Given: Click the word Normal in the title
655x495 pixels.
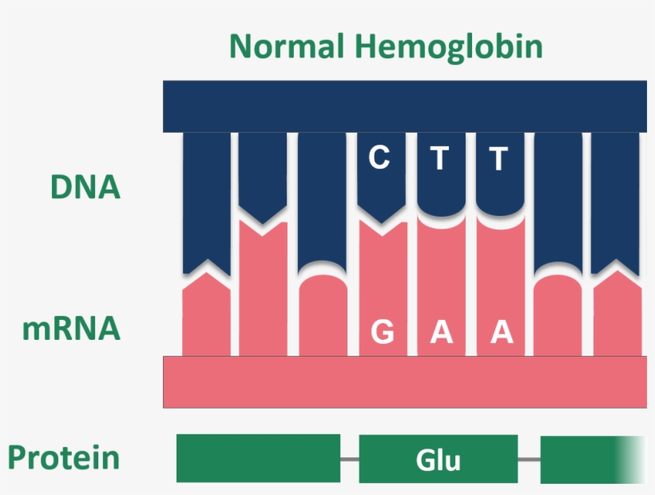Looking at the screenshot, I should point(287,46).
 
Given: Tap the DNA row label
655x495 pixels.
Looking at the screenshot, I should point(85,187).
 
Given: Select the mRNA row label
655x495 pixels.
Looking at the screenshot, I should point(71,329).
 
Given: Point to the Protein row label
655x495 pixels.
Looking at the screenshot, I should point(64,458).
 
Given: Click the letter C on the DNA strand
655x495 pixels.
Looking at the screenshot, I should point(379,158).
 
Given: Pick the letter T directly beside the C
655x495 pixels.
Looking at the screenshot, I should point(439,159).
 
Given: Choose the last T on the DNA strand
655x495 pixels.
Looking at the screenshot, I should point(499,159).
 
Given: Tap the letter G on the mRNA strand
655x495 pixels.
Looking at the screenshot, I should point(383,331).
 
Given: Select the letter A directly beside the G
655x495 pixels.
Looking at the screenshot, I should point(441,331).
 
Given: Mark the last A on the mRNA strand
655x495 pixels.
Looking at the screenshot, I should point(501,331).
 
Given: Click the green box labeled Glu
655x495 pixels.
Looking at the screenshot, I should point(439,460).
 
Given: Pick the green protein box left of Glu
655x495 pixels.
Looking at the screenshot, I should point(258,458).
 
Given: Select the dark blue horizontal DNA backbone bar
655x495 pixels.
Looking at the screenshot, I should point(404,106).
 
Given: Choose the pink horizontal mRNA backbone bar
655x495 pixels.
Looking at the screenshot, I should point(404,382).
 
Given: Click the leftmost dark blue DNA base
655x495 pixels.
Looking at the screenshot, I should point(206,200).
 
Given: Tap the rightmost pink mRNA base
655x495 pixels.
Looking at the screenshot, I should point(617,316).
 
